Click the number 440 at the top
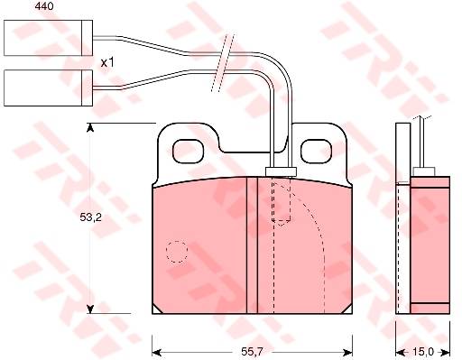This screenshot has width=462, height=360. point(44,6)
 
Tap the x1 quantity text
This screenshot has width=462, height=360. point(107,63)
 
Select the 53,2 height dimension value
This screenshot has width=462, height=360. point(90,217)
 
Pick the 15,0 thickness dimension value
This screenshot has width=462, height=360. point(423,352)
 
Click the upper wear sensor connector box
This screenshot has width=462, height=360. point(48,38)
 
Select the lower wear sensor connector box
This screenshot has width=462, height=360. point(48,88)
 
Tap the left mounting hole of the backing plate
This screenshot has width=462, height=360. point(188,152)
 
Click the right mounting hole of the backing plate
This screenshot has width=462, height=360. point(317,152)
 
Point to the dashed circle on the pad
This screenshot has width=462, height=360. point(177,252)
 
